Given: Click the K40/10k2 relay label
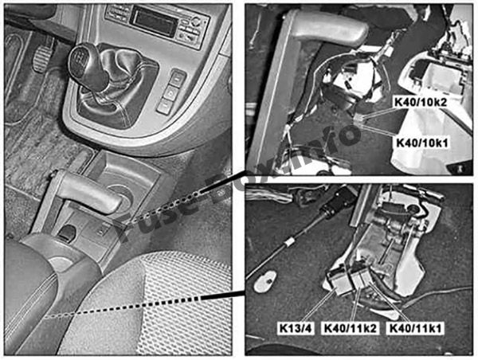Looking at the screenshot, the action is (x=421, y=103).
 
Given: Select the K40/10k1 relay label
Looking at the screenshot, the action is (x=422, y=143).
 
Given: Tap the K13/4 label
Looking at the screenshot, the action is (x=296, y=329).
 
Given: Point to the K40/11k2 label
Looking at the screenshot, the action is (x=351, y=329).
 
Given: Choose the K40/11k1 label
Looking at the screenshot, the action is (x=416, y=329).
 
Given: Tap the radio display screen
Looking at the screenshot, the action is (x=153, y=22).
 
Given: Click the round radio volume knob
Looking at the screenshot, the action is (x=196, y=22).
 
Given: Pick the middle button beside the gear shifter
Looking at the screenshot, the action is (x=170, y=92).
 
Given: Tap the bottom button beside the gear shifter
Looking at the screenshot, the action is (x=165, y=106).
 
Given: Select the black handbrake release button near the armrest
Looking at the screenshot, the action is (x=67, y=233).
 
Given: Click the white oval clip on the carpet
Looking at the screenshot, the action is (x=264, y=280).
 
